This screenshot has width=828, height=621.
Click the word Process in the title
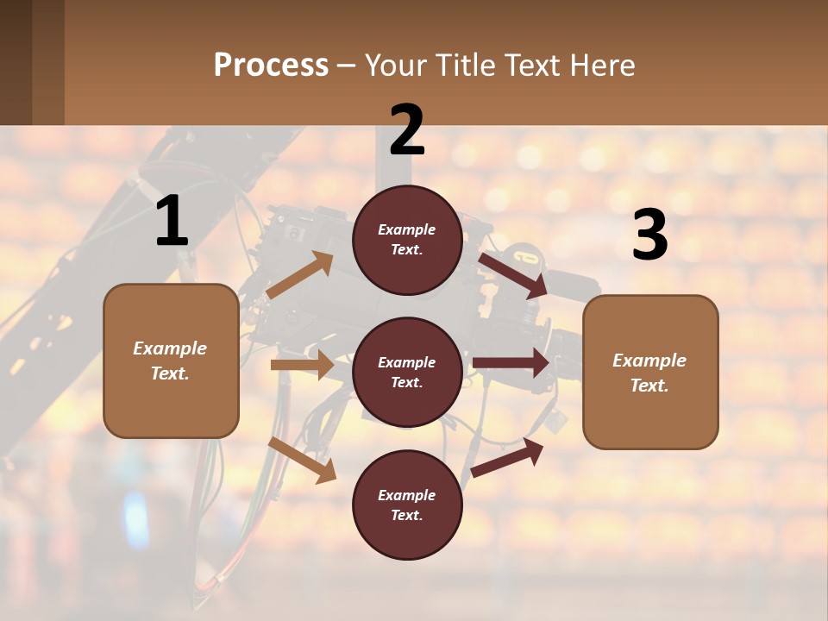(271, 65)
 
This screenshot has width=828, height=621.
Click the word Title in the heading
(462, 65)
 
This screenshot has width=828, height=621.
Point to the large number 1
(172, 223)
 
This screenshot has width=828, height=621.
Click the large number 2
(407, 130)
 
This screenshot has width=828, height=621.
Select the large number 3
(650, 235)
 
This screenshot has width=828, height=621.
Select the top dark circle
(407, 240)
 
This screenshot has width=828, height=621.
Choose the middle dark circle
(407, 372)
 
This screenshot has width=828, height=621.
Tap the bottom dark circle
(407, 505)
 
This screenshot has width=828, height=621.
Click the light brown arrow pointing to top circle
(300, 275)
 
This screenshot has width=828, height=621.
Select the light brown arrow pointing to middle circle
(302, 365)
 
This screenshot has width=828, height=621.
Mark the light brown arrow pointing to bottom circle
(303, 460)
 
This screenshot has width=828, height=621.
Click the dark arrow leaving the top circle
(513, 275)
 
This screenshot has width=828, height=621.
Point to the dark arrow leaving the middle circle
(511, 363)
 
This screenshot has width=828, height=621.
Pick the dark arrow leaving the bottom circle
(507, 458)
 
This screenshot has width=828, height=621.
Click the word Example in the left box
(170, 348)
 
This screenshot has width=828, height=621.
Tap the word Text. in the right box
(649, 386)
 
